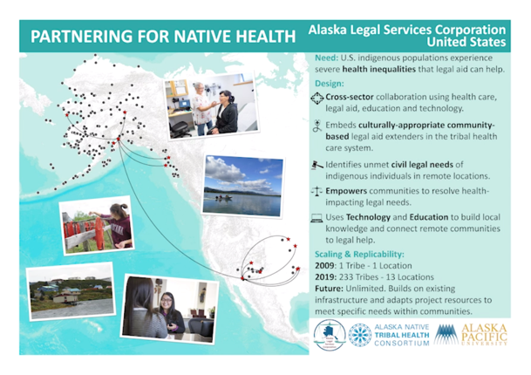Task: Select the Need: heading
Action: tap(326, 58)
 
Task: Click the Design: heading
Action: tap(330, 84)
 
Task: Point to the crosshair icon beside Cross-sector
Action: tap(317, 99)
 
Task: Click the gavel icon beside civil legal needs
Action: tap(317, 166)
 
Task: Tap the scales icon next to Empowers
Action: tap(317, 191)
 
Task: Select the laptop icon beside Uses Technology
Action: tap(317, 218)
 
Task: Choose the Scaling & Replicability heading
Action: tap(359, 255)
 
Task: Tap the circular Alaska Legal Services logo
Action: tap(330, 335)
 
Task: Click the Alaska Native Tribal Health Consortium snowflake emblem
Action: tap(360, 335)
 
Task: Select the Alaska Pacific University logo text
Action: tap(484, 335)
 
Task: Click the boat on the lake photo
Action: tap(224, 197)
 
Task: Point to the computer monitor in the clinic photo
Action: tap(185, 103)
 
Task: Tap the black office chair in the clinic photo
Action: tap(180, 129)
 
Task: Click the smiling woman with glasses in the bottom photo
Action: tap(170, 313)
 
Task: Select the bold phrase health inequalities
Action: tap(378, 70)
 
